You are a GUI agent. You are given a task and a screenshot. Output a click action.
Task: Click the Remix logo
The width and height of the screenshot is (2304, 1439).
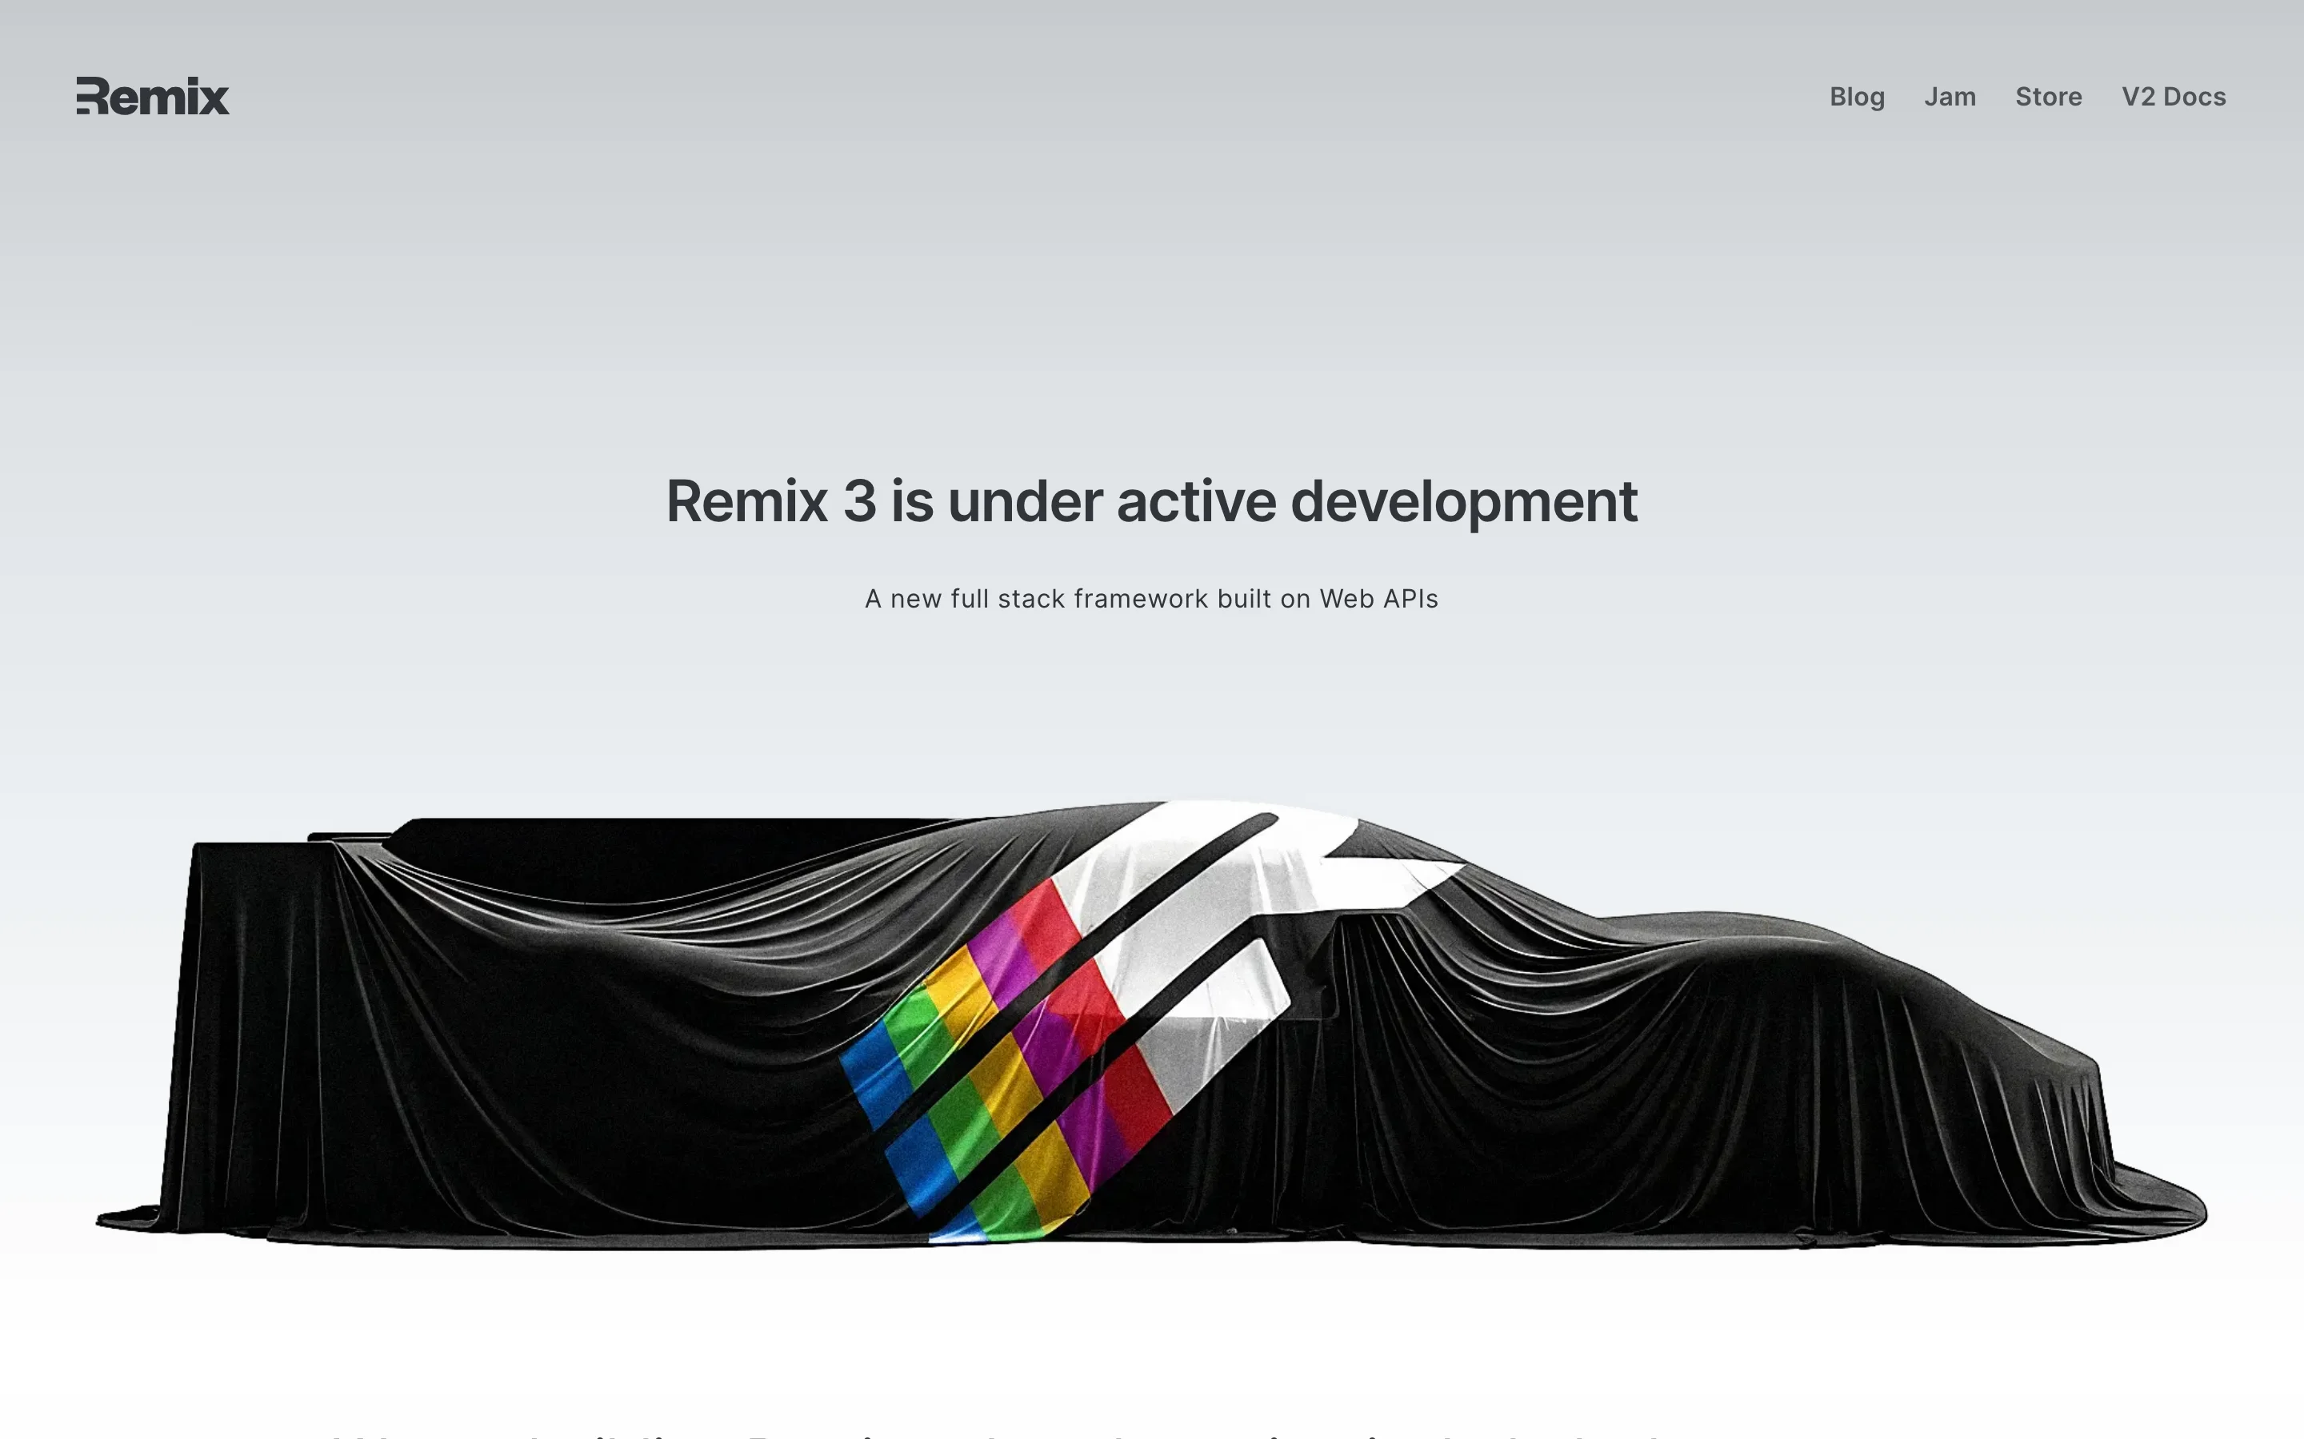pyautogui.click(x=152, y=96)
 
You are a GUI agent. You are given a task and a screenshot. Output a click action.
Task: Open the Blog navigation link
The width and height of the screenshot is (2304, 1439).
pyautogui.click(x=1857, y=97)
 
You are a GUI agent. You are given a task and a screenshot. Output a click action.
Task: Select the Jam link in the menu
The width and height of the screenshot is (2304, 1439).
pyautogui.click(x=1950, y=97)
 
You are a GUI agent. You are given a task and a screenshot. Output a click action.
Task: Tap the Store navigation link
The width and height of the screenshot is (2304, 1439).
pyautogui.click(x=2048, y=97)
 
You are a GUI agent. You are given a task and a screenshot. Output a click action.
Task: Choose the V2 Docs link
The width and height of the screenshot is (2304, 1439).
pyautogui.click(x=2174, y=97)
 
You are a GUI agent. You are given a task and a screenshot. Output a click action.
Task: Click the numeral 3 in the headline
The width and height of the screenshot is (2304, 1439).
pyautogui.click(x=858, y=501)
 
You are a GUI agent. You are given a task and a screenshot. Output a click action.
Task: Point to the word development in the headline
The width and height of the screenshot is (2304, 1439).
pyautogui.click(x=1463, y=501)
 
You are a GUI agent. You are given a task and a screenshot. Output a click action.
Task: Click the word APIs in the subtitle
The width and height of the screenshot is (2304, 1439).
pyautogui.click(x=1410, y=599)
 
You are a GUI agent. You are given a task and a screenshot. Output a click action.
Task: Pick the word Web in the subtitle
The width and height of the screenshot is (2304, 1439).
pyautogui.click(x=1346, y=599)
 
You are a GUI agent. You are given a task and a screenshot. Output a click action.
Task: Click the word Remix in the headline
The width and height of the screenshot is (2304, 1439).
pyautogui.click(x=746, y=501)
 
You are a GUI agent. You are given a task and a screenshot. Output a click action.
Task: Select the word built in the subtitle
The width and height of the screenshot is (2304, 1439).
pyautogui.click(x=1243, y=599)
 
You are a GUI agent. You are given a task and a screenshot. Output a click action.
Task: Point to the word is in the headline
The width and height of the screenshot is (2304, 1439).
pyautogui.click(x=912, y=501)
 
